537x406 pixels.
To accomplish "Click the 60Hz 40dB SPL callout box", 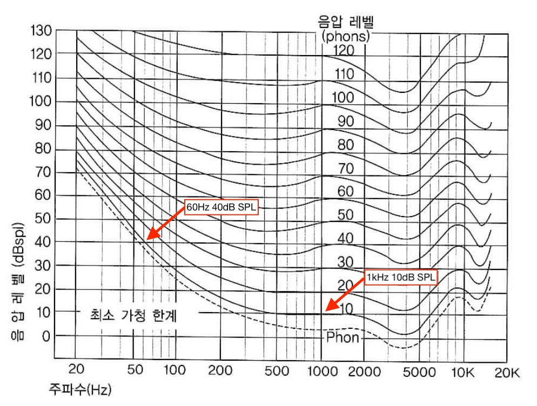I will tap(223, 208).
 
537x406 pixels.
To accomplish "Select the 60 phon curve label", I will tap(345, 191).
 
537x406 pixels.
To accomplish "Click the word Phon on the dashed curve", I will tap(343, 337).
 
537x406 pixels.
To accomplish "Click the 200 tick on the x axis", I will tap(219, 371).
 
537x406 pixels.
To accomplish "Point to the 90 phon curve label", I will tap(345, 121).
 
